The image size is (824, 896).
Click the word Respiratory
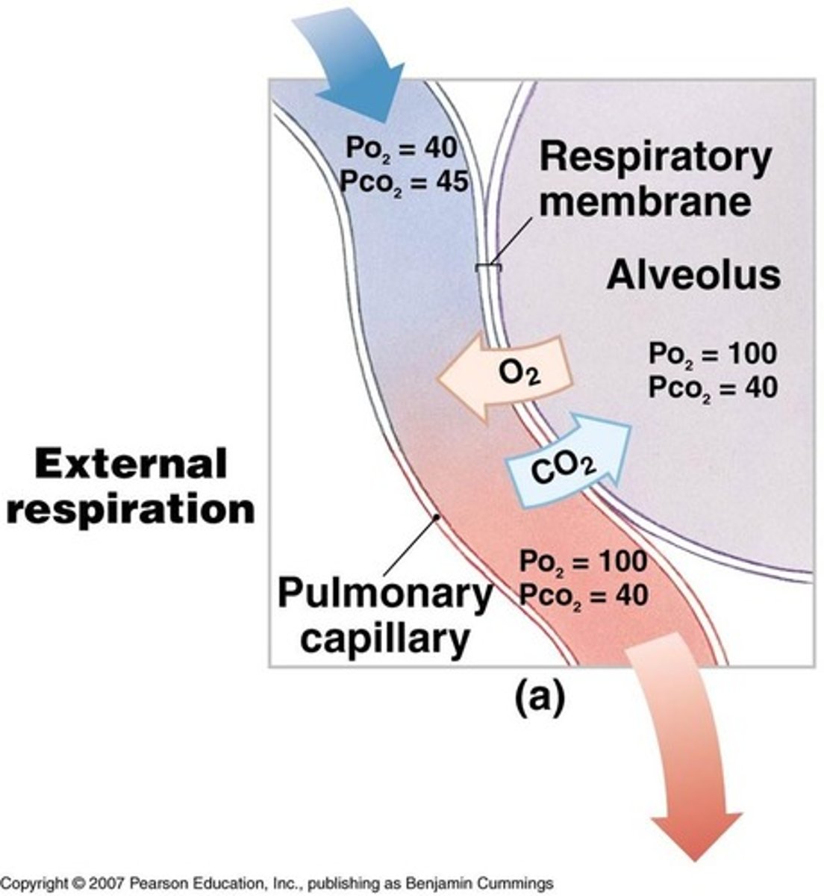[655, 158]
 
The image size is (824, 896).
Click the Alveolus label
[693, 276]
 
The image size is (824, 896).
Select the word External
[131, 464]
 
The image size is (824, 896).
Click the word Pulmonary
[384, 594]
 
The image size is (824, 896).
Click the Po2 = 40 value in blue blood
[400, 148]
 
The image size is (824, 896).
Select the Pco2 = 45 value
[404, 181]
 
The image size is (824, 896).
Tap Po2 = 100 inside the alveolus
[712, 353]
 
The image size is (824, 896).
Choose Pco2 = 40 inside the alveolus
[712, 387]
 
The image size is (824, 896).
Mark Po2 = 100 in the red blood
[583, 561]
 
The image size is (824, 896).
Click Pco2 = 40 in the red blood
[583, 594]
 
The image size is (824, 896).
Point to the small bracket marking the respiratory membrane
[489, 267]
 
